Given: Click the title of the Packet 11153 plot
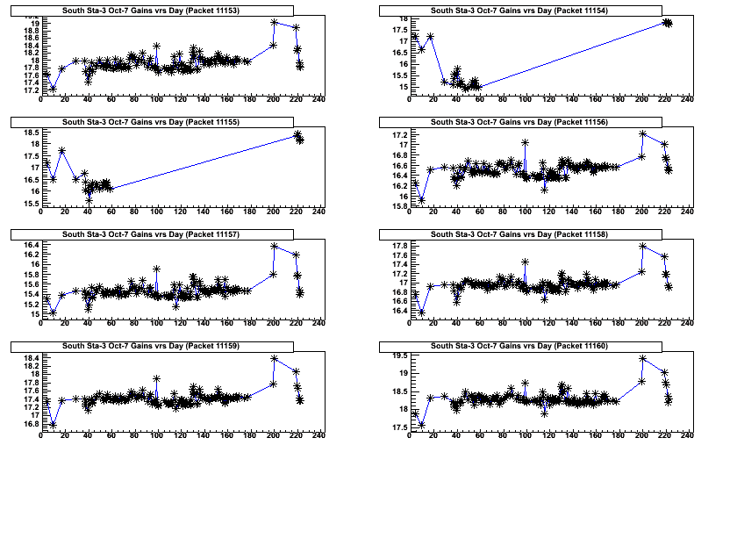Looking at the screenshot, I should (152, 10).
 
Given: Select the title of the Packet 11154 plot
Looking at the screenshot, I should (519, 10).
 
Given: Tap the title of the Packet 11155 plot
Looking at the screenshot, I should (152, 121).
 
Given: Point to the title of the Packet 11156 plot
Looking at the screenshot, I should (519, 121).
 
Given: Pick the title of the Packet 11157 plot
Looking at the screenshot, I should (152, 234).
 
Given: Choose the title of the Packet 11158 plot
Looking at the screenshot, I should (519, 234).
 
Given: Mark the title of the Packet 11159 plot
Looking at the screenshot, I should (152, 346).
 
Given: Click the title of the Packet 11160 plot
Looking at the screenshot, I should (519, 346).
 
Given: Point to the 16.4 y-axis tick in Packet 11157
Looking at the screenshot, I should (29, 245).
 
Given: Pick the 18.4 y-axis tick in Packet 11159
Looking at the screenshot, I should (29, 358).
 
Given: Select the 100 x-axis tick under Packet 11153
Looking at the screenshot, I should (156, 99).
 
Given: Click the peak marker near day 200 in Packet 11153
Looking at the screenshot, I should (274, 22).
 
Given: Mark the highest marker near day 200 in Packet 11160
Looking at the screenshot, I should (642, 358).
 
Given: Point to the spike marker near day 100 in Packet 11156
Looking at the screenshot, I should (525, 142).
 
